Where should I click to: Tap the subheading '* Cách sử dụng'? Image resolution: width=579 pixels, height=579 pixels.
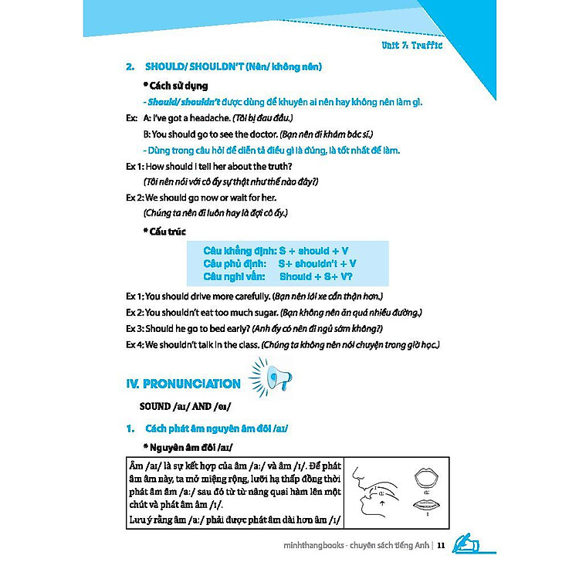point(175,86)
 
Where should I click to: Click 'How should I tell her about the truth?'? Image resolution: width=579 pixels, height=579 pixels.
point(218,166)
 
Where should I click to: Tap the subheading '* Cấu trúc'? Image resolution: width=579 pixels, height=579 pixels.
point(164,232)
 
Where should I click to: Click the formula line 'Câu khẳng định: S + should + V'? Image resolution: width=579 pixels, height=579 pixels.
point(276,251)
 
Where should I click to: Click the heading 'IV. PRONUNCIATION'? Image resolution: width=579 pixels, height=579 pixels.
point(183,384)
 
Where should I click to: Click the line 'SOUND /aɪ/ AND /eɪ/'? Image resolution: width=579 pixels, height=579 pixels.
point(185,406)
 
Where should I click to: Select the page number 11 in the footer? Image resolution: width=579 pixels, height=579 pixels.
point(440,547)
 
